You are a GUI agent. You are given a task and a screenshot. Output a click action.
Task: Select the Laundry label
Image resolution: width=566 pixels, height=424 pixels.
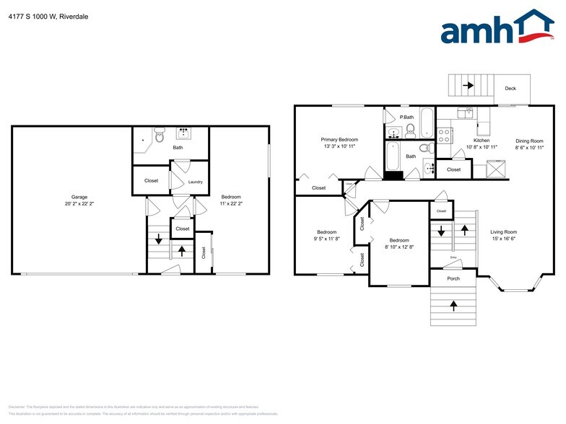(196, 182)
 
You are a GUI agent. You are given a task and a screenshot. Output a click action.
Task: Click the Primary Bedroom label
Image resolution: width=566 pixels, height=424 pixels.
(339, 139)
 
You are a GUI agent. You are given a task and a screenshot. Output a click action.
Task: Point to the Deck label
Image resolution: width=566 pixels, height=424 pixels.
(510, 89)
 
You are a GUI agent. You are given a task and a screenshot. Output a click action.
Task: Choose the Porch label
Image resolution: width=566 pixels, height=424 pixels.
(453, 278)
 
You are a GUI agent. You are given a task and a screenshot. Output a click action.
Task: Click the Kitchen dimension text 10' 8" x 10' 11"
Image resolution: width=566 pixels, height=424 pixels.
(482, 147)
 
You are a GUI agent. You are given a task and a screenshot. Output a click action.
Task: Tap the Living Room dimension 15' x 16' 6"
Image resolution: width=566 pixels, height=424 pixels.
(504, 239)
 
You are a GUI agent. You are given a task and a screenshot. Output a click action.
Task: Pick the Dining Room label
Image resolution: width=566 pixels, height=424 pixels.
(528, 141)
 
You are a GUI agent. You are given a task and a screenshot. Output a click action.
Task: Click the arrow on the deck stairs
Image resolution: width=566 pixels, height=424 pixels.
(469, 86)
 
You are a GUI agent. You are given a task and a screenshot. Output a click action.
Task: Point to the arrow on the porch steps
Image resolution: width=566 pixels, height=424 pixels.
(453, 305)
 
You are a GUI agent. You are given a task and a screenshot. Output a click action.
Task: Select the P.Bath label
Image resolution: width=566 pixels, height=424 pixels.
(408, 117)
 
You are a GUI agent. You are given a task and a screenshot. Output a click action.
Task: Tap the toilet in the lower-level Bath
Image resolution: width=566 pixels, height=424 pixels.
(160, 135)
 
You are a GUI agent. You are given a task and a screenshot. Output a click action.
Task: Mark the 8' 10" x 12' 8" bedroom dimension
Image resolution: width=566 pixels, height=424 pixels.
(399, 247)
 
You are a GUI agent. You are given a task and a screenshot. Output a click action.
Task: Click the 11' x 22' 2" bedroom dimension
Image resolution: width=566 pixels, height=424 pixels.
(231, 203)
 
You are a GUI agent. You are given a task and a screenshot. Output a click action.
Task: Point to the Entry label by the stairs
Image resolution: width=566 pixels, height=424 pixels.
(453, 257)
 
